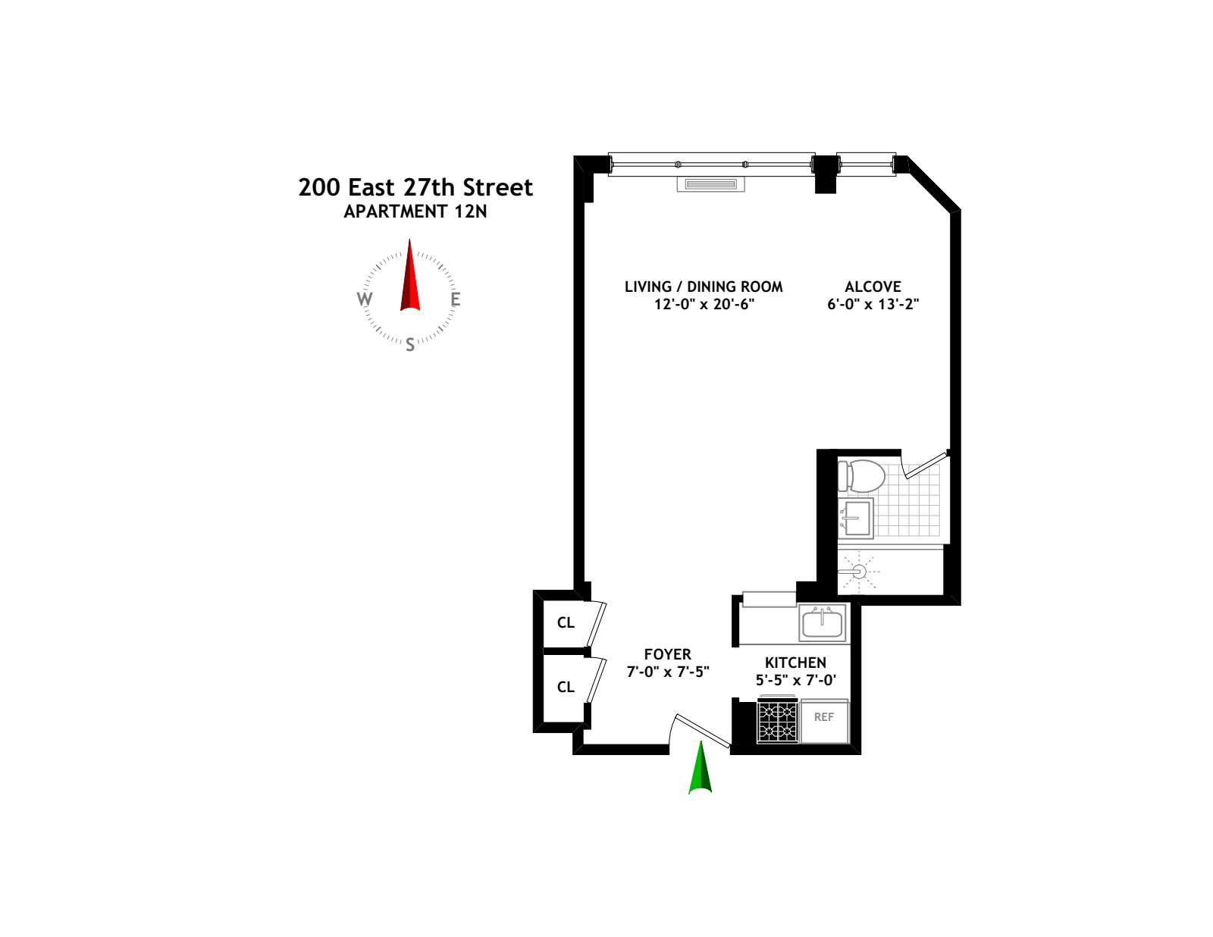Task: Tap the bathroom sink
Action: point(857,519)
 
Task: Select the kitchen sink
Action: point(822,623)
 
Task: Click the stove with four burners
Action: point(778,721)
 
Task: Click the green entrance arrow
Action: point(701,770)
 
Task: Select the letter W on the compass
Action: point(365,299)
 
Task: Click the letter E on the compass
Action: point(456,299)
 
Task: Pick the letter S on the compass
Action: point(410,345)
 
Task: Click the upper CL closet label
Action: point(566,623)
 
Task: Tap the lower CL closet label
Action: point(566,688)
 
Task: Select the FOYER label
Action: point(667,654)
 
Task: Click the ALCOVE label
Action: point(873,287)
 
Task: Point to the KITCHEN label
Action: point(795,663)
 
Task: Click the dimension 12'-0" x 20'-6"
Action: point(704,305)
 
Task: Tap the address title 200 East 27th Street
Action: point(415,187)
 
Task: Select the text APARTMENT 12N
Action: point(415,212)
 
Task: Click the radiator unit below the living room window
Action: point(710,184)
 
